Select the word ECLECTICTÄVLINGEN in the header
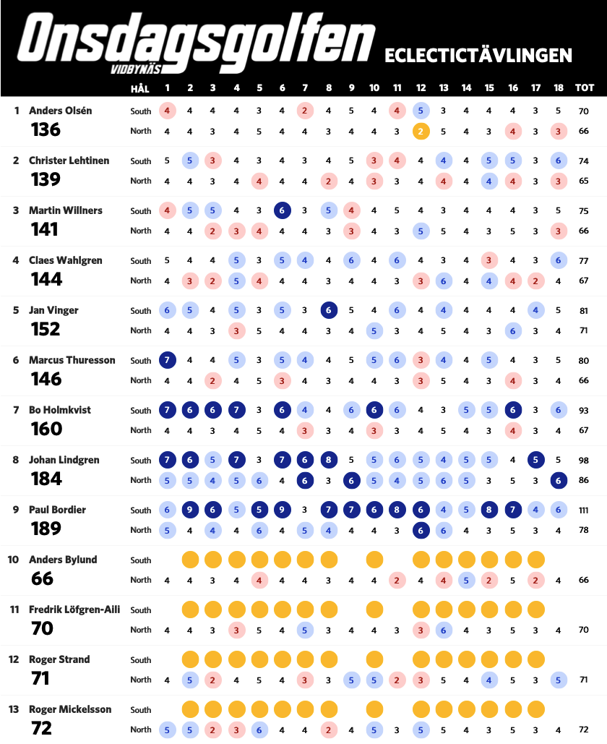pyautogui.click(x=478, y=56)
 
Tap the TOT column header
pyautogui.click(x=584, y=87)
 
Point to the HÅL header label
pyautogui.click(x=140, y=87)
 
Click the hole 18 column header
pyautogui.click(x=558, y=87)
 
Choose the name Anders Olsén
pyautogui.click(x=60, y=111)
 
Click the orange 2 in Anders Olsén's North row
pyautogui.click(x=421, y=132)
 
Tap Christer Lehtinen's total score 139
pyautogui.click(x=46, y=179)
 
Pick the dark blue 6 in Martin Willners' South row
pyautogui.click(x=282, y=210)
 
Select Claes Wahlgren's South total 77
pyautogui.click(x=584, y=261)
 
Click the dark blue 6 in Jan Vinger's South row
pyautogui.click(x=329, y=310)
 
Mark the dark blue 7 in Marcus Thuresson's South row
pyautogui.click(x=167, y=360)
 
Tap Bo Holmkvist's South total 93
pyautogui.click(x=584, y=411)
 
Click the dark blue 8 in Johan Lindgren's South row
pyautogui.click(x=329, y=460)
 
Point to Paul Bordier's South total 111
pyautogui.click(x=584, y=510)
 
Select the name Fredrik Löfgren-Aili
pyautogui.click(x=74, y=610)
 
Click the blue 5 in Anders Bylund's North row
pyautogui.click(x=466, y=581)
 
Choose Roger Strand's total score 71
pyautogui.click(x=40, y=678)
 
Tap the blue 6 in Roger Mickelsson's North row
pyautogui.click(x=259, y=730)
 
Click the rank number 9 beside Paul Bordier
pyautogui.click(x=16, y=510)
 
